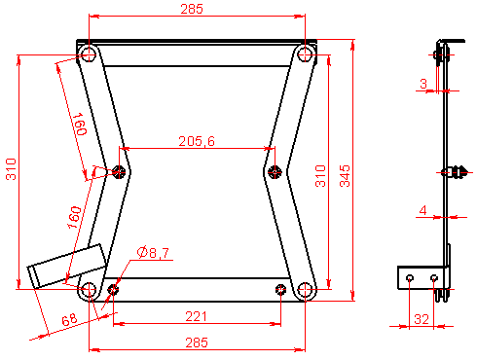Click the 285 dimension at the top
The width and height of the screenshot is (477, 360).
click(x=192, y=9)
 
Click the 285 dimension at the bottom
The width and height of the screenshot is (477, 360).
click(x=197, y=342)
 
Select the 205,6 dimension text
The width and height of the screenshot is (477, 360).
click(x=197, y=141)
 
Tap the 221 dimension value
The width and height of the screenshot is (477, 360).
click(x=196, y=316)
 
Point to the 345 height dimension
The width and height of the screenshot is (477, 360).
click(x=345, y=176)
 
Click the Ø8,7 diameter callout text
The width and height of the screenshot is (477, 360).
click(x=153, y=252)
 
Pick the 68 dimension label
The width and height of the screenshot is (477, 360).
click(x=69, y=319)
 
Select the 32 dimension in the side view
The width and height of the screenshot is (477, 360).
click(x=422, y=319)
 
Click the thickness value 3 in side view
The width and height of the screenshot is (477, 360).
click(x=423, y=84)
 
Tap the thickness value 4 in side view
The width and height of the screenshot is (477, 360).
click(x=422, y=210)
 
